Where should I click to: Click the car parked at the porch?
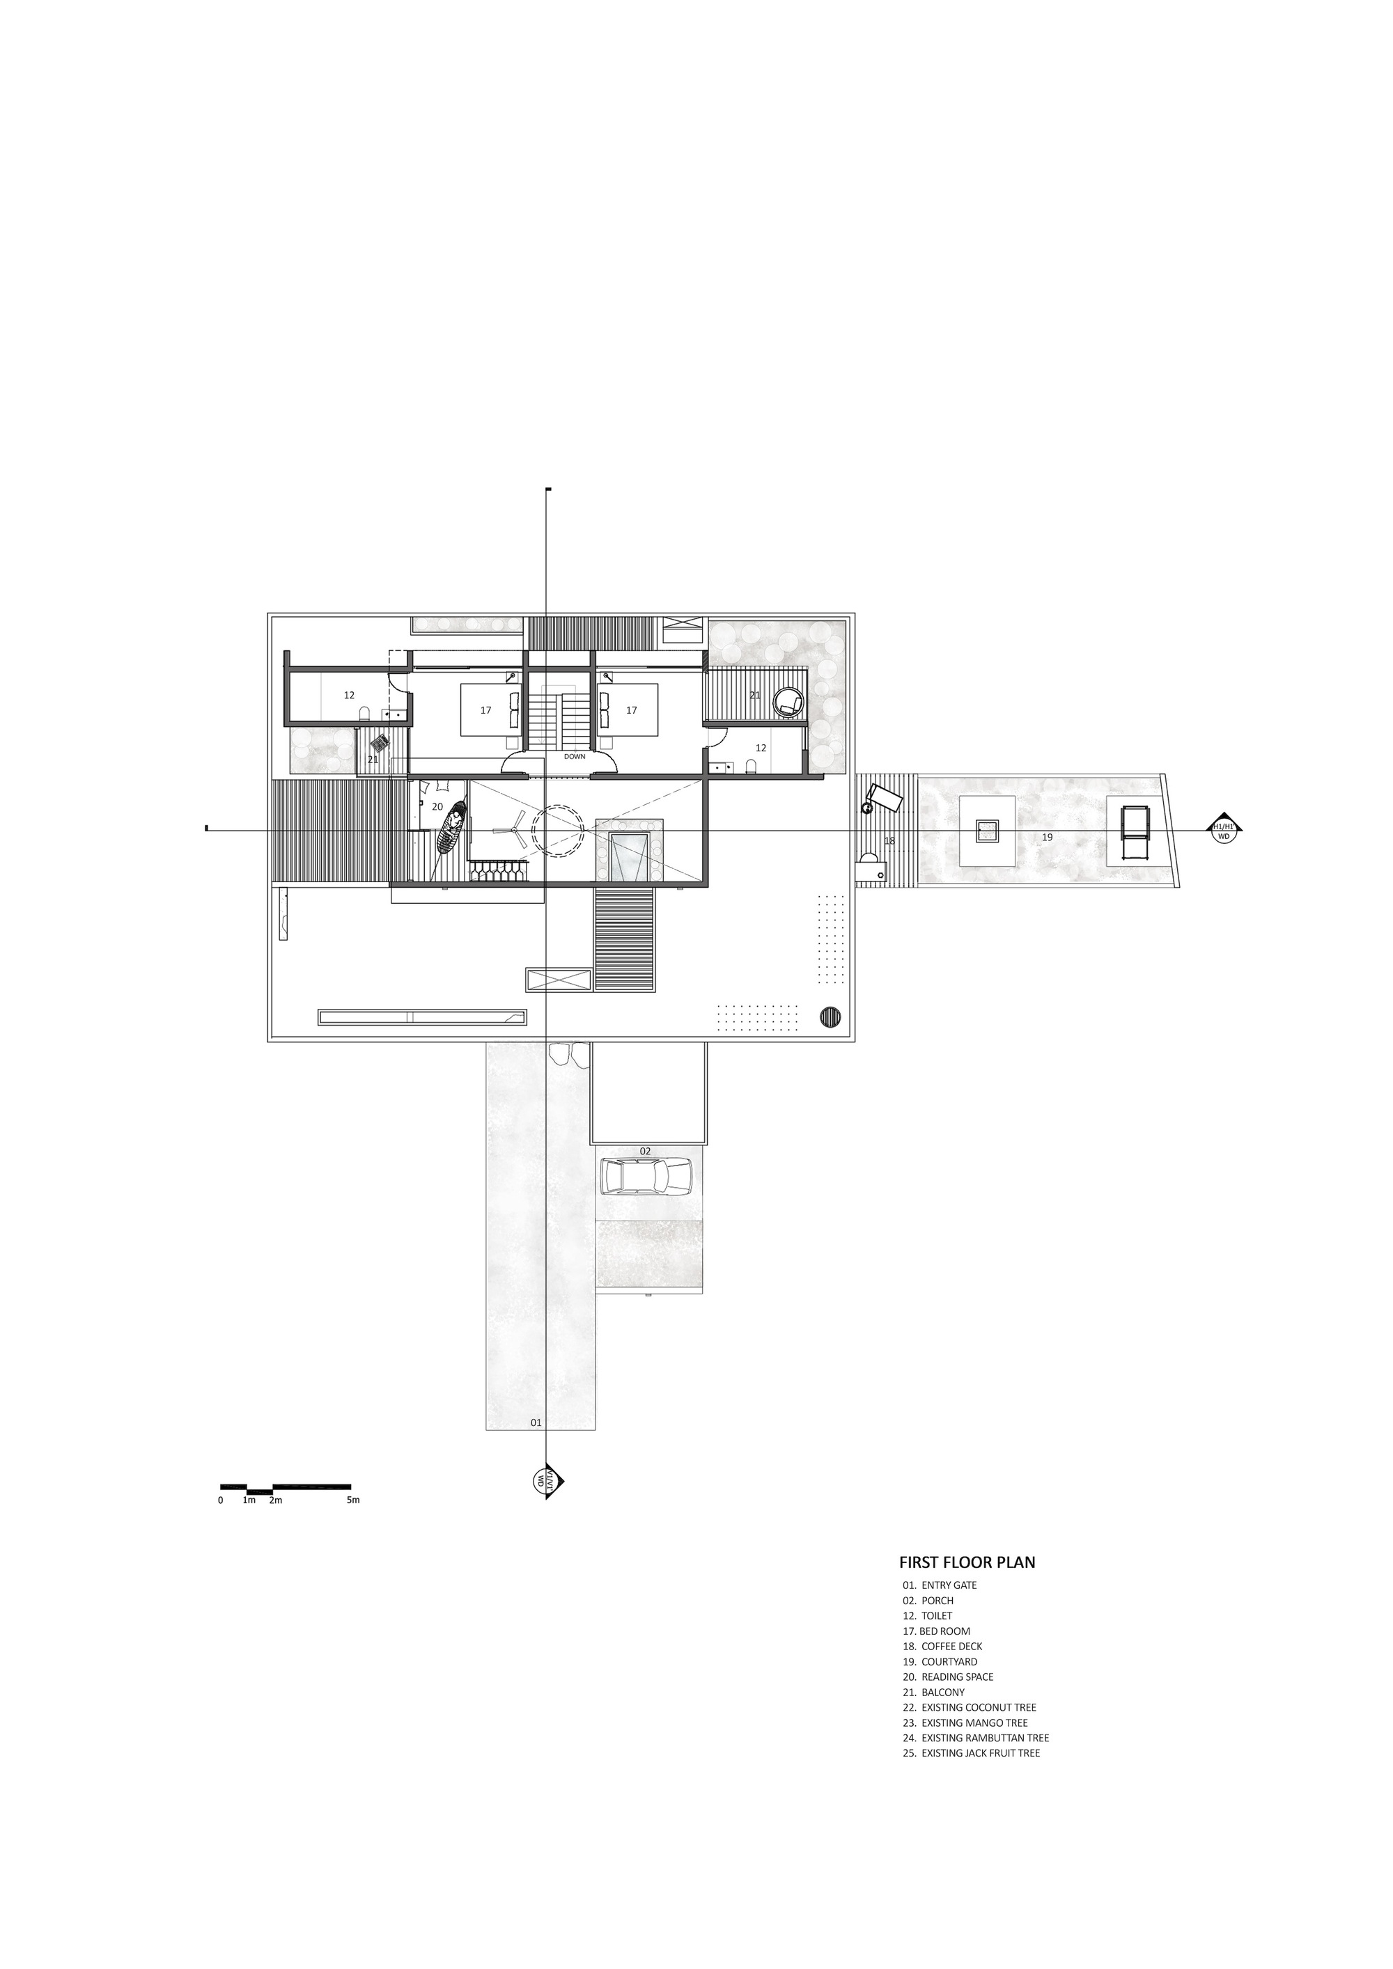(648, 1176)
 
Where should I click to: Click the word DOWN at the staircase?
(575, 756)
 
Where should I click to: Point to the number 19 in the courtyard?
(1048, 837)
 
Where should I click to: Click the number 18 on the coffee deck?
(889, 840)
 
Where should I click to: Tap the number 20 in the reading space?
(437, 807)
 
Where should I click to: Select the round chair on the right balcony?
(788, 703)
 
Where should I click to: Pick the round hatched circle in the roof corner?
(830, 1017)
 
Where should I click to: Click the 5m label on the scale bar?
(353, 1500)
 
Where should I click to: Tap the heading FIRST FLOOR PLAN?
(967, 1562)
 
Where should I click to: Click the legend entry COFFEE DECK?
(951, 1647)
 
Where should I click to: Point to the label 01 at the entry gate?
(536, 1422)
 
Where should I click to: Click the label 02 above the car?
(645, 1151)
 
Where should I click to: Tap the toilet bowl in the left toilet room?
(364, 714)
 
